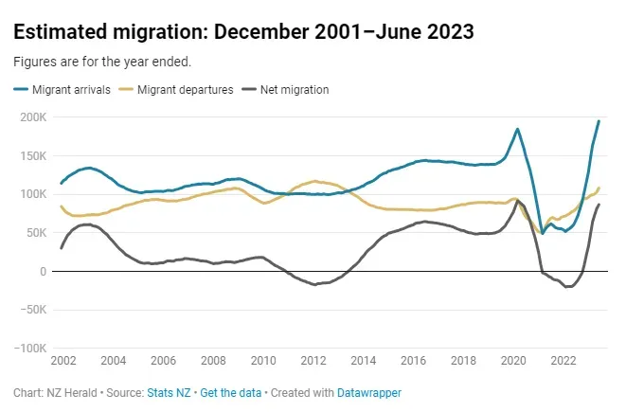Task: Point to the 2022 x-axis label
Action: pyautogui.click(x=563, y=361)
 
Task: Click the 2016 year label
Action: pyautogui.click(x=413, y=361)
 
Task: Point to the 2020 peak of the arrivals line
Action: pyautogui.click(x=517, y=129)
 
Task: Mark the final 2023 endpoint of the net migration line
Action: pyautogui.click(x=599, y=205)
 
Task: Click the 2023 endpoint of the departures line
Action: pyautogui.click(x=599, y=188)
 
